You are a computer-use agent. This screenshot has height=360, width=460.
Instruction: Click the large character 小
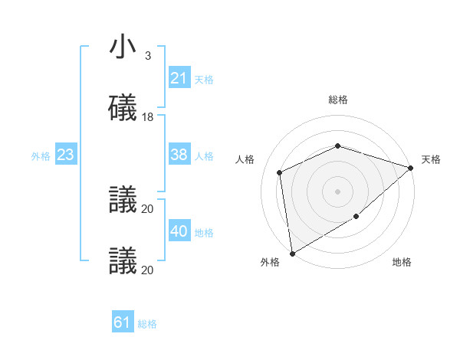click(123, 47)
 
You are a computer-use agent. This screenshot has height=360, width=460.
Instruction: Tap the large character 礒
click(123, 107)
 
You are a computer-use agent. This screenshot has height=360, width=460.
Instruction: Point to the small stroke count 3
click(148, 56)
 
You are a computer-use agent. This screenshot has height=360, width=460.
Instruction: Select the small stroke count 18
click(148, 117)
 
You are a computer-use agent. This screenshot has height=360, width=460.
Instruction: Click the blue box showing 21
click(179, 78)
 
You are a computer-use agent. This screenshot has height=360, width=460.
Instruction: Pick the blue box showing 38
click(179, 155)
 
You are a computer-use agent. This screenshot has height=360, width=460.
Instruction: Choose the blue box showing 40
click(179, 231)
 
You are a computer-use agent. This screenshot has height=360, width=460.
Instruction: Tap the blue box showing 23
click(66, 155)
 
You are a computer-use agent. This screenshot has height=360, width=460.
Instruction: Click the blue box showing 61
click(123, 322)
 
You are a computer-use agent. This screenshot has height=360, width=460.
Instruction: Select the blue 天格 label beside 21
click(204, 79)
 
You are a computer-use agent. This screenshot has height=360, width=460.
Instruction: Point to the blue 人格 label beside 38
click(204, 155)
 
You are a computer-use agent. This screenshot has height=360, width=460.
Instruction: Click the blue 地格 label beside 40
click(204, 232)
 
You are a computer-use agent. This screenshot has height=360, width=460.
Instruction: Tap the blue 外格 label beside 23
click(41, 155)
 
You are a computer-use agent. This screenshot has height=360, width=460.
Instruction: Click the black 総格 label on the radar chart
click(338, 100)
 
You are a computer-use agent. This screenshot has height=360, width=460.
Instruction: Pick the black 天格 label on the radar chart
click(431, 159)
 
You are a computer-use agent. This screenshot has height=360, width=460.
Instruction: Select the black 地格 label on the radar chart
click(402, 262)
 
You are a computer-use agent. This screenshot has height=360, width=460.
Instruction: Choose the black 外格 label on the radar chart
click(270, 262)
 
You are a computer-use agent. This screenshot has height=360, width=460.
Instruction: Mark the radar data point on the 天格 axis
click(411, 168)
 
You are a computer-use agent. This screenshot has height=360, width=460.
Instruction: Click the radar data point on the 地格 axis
click(356, 217)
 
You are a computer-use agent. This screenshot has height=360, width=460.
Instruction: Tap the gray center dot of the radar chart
click(338, 191)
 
